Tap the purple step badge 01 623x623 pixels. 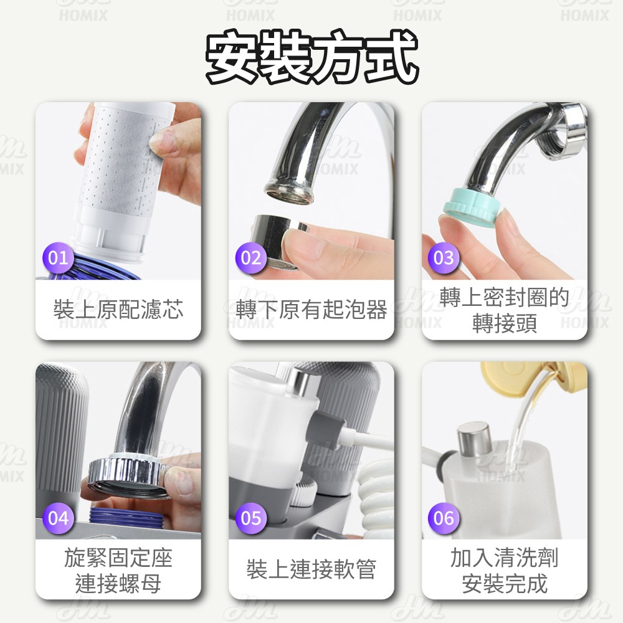pyautogui.click(x=58, y=257)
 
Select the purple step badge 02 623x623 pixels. pyautogui.click(x=251, y=257)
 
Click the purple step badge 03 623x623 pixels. pyautogui.click(x=444, y=257)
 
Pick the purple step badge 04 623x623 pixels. pyautogui.click(x=58, y=518)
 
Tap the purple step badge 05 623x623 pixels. pyautogui.click(x=251, y=518)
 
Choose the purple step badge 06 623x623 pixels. pyautogui.click(x=444, y=518)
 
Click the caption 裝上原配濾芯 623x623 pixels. pyautogui.click(x=118, y=310)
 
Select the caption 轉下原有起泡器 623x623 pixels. pyautogui.click(x=311, y=310)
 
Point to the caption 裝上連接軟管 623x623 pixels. pyautogui.click(x=311, y=569)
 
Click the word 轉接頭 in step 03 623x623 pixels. pyautogui.click(x=505, y=324)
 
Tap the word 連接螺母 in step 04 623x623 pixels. pyautogui.click(x=118, y=584)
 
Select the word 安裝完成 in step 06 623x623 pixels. pyautogui.click(x=505, y=584)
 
